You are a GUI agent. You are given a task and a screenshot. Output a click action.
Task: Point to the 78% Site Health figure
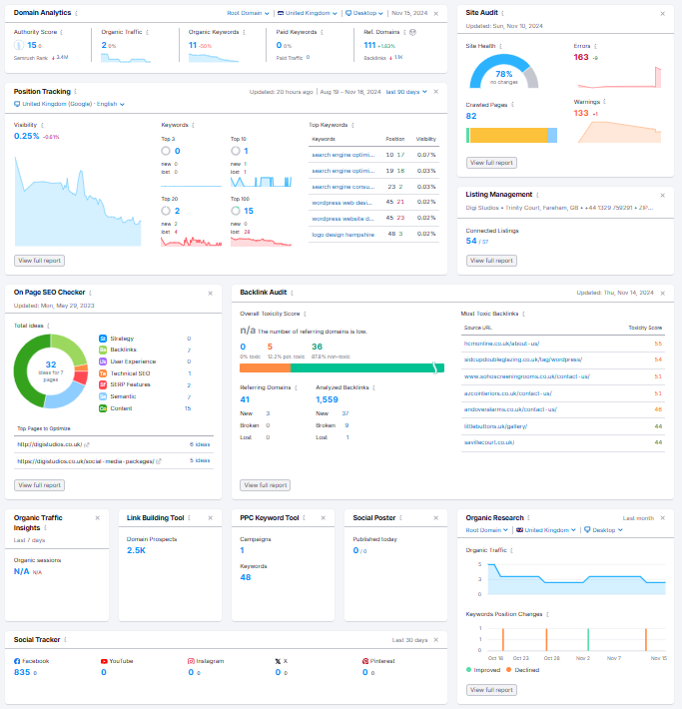click(503, 74)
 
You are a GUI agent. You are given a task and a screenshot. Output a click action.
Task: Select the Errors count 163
click(581, 57)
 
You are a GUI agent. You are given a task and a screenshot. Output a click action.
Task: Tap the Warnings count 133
click(581, 113)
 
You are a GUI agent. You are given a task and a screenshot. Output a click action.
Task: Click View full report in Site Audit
click(492, 162)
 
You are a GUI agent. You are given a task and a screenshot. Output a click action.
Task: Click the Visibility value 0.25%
click(27, 136)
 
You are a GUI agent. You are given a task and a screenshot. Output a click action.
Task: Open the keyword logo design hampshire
click(342, 234)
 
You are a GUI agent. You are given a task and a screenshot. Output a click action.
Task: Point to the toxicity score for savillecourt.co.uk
click(658, 440)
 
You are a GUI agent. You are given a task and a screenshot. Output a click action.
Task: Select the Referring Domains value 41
click(246, 398)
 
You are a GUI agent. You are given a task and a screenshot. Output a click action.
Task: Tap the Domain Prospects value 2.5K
click(137, 550)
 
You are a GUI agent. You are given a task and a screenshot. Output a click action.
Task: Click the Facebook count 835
click(21, 672)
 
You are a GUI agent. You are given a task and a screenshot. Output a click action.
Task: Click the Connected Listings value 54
click(471, 241)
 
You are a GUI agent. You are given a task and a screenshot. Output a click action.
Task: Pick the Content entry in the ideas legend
click(121, 408)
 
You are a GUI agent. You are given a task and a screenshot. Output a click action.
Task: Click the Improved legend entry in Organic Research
click(486, 670)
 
